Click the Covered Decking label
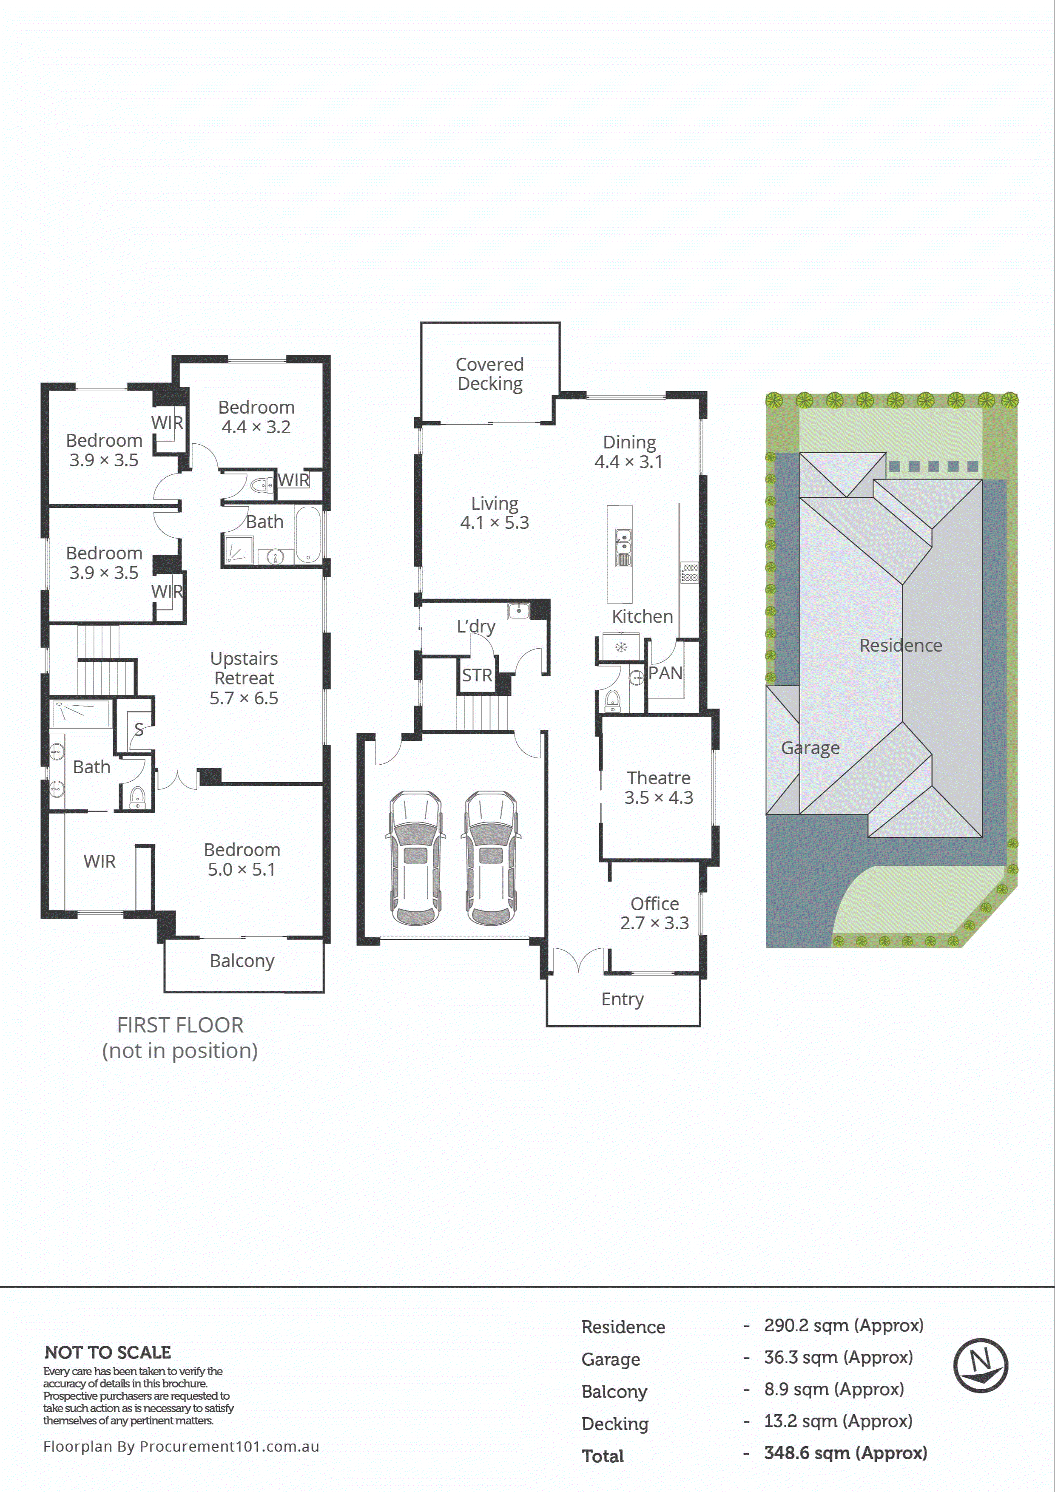tap(489, 374)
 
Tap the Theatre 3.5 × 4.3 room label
tap(659, 787)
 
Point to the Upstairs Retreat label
tap(244, 677)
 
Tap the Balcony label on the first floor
tap(242, 960)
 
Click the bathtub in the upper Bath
tap(308, 534)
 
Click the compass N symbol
tap(980, 1364)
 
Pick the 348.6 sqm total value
tap(845, 1453)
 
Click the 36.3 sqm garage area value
tap(838, 1357)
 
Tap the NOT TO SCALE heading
tap(107, 1352)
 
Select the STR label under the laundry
tap(477, 675)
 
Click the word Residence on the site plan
tap(900, 645)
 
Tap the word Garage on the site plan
tap(810, 748)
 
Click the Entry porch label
tap(622, 999)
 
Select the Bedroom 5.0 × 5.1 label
tap(242, 859)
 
